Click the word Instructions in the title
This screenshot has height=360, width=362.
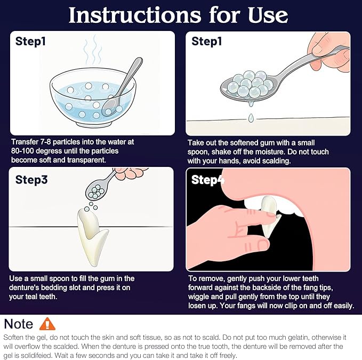[x=135, y=15]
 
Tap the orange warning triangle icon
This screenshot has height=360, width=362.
[x=47, y=324]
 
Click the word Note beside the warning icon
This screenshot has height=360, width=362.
[x=19, y=324]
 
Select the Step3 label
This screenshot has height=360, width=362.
[x=31, y=180]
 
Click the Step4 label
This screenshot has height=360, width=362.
[x=208, y=180]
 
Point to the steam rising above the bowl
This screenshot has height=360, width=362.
[x=93, y=50]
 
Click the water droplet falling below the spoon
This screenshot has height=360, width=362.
[x=251, y=118]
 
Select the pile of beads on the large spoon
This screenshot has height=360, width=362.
[x=251, y=84]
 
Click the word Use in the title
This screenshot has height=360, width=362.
[x=268, y=15]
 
